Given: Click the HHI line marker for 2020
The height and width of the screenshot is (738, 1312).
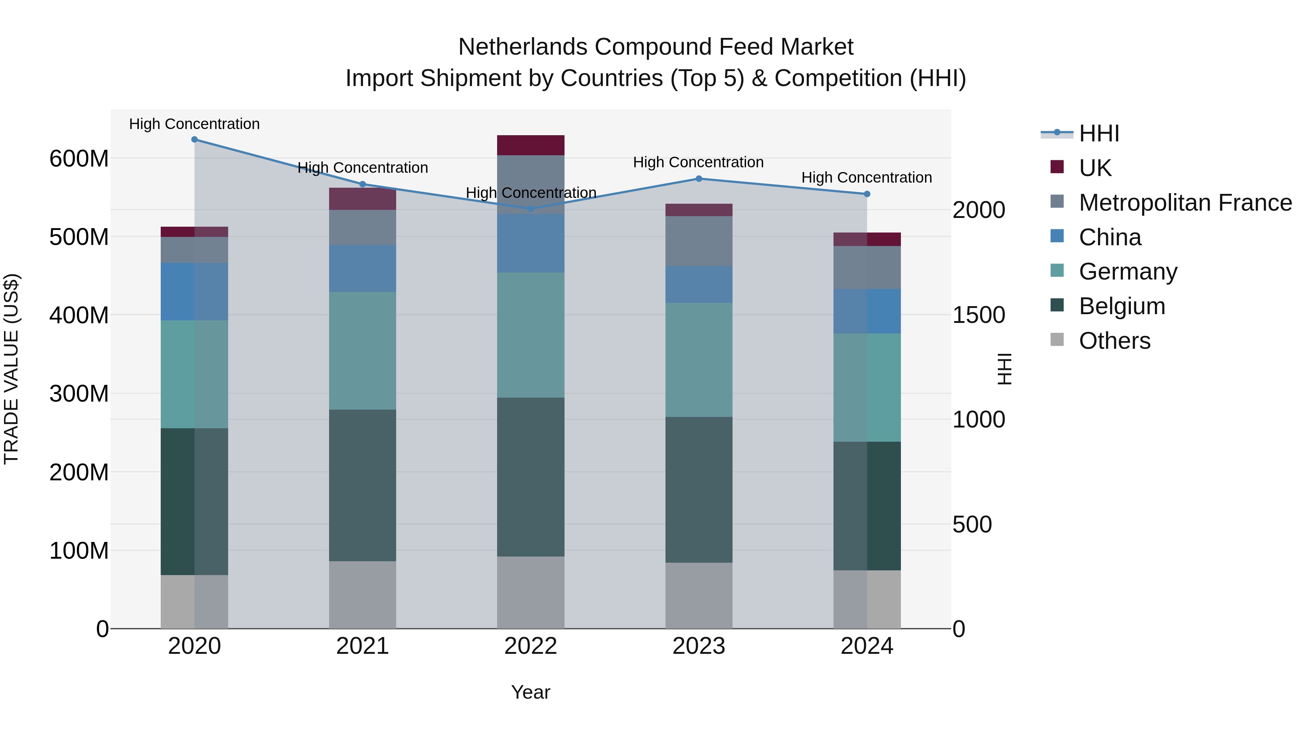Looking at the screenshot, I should tap(195, 140).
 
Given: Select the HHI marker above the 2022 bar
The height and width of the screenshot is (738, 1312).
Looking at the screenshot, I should tap(531, 209).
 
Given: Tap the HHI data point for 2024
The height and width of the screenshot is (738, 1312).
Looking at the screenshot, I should tap(867, 194).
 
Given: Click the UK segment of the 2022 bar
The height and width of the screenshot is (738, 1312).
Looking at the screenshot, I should tap(531, 145).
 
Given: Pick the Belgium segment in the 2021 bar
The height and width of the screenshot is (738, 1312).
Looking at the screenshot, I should tap(363, 485).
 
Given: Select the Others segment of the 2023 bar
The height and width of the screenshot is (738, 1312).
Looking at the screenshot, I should tap(699, 596).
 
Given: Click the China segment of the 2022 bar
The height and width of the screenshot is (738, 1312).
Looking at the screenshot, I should tap(531, 243).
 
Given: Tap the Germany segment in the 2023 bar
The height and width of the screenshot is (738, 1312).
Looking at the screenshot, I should tap(699, 360).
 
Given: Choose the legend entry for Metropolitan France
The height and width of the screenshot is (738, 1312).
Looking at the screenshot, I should tap(1185, 203).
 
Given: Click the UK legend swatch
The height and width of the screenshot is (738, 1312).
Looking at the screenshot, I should tap(1057, 167).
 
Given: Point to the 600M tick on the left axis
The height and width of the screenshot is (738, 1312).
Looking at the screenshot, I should tap(79, 159).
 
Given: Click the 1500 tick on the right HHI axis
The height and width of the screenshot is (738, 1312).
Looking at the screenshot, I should tap(979, 315).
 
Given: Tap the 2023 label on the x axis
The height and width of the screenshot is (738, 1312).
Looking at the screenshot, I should tap(699, 646).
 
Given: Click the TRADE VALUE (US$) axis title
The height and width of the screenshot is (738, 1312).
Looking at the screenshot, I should tap(12, 369).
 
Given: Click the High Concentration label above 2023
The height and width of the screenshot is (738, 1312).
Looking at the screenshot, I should tap(698, 163).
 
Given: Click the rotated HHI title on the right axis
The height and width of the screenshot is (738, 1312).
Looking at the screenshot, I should tap(1004, 369).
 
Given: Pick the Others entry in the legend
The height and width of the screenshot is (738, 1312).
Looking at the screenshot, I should tap(1114, 341).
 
